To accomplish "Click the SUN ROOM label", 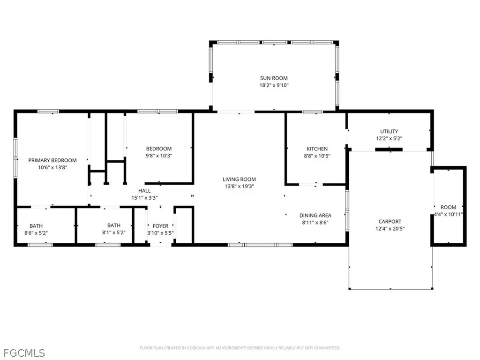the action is point(274,78).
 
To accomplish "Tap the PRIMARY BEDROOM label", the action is point(52,160).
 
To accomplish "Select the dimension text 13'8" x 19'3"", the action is point(239,186).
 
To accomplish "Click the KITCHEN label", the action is point(317,149).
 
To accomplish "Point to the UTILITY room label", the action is point(389,131).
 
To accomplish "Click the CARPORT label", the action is point(390,221).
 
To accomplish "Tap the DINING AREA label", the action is point(315,216).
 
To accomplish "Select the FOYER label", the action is point(160,226).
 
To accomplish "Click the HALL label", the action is point(144,191).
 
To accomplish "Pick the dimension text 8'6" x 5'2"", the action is point(36,233).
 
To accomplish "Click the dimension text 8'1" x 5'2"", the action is point(114,232).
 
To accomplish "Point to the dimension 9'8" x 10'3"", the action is point(158,156).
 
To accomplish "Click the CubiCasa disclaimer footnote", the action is point(240,348).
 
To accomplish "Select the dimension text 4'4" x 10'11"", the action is point(449,214).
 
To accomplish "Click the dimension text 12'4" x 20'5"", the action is point(390,228).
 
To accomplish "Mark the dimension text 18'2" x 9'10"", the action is point(274,85).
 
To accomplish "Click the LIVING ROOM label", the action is point(239,179).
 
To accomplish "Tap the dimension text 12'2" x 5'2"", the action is point(389,138).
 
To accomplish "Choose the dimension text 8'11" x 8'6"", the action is point(315,223).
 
